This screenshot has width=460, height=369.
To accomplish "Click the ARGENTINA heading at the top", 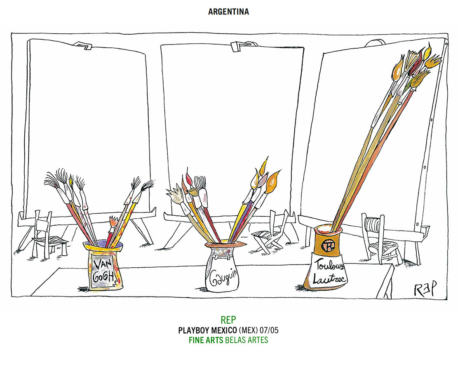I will (228, 12).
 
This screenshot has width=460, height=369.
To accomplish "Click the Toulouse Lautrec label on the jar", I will (330, 271).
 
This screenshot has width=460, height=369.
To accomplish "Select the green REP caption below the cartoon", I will (228, 320).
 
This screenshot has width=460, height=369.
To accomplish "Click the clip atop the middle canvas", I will (238, 45).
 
